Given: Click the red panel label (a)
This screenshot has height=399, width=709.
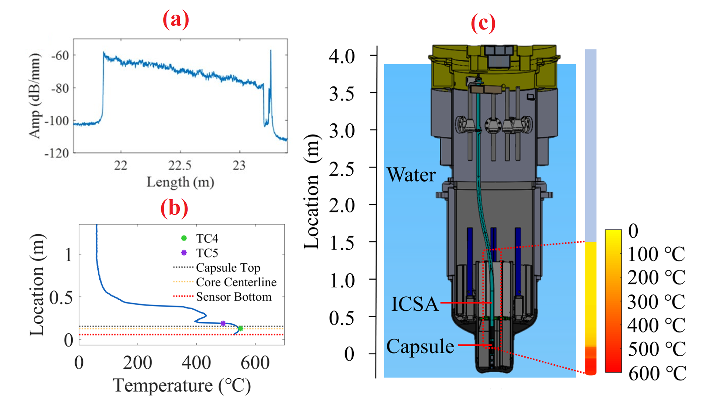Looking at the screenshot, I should tap(176, 20).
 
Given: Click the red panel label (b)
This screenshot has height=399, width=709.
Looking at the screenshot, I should tap(174, 208).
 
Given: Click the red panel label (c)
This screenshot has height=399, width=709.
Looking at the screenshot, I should tap(483, 23).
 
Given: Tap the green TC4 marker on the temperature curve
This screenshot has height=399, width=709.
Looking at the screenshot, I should tap(240, 328).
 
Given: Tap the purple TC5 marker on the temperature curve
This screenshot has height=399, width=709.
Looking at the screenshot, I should tap(223, 323).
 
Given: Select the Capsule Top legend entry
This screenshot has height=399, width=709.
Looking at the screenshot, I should tap(228, 267).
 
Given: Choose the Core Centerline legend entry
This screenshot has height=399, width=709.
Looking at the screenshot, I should tap(236, 282).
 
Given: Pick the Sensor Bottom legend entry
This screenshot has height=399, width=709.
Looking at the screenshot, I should tap(233, 297).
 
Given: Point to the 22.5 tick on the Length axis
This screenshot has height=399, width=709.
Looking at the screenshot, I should tap(180, 166).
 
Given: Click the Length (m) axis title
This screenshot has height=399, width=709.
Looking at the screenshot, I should tap(180, 182).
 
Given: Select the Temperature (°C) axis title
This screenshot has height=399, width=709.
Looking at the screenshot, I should tap(182, 385).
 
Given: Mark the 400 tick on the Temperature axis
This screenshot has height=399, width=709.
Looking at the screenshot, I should tap(196, 363).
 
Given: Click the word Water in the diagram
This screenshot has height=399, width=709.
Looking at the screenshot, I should tap(411, 175).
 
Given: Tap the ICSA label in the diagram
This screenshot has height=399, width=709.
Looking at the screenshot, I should tap(415, 304).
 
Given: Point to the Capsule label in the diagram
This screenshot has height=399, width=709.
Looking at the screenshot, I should tap(420, 347).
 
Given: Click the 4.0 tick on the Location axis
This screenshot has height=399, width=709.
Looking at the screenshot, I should tap(342, 57).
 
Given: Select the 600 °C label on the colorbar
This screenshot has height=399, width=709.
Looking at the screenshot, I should tap(657, 373).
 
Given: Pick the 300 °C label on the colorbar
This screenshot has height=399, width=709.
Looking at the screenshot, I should tap(656, 302).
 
